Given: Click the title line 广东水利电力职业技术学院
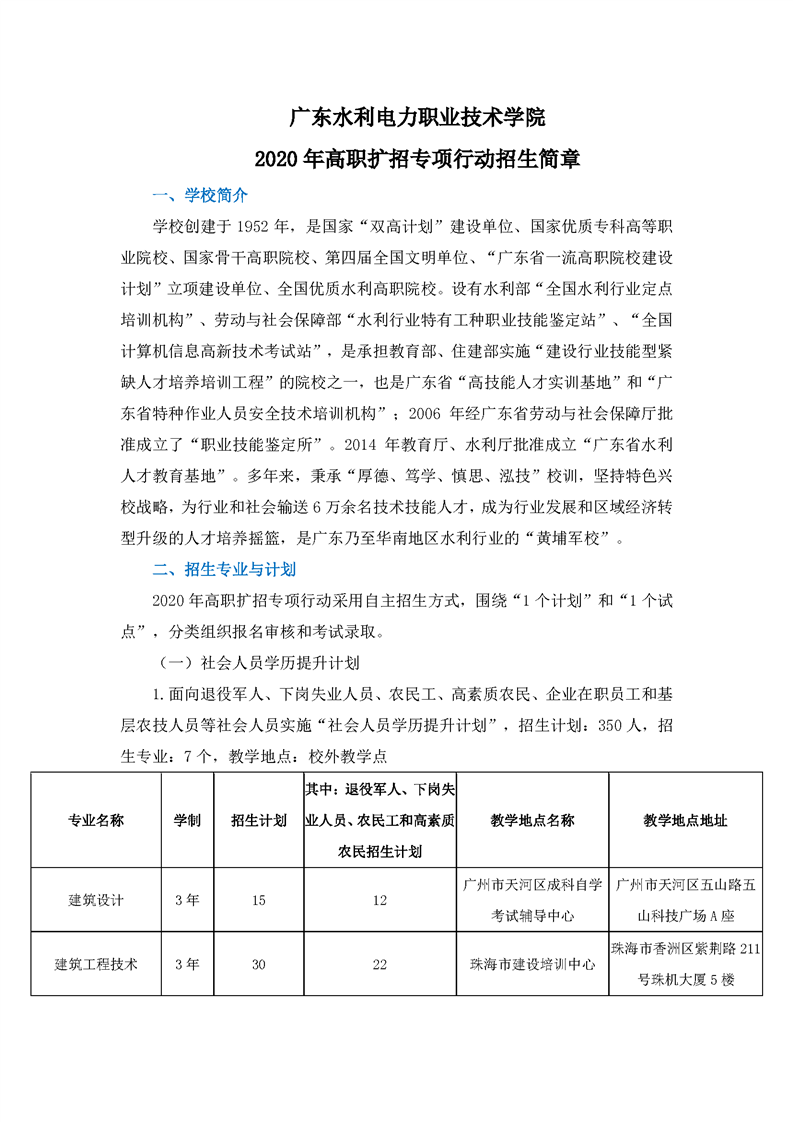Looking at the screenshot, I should coord(417,117).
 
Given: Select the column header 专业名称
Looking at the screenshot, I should coord(96,821).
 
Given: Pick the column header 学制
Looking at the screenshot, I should coord(187,821).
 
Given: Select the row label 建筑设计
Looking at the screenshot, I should coord(96,900).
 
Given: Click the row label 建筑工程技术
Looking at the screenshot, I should coord(96,965).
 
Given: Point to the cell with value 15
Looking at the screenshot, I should coord(258,900).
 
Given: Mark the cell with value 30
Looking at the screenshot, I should coord(258,965).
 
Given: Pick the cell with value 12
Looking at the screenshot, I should coord(379,900).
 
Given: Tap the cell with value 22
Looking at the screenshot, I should coord(379,965).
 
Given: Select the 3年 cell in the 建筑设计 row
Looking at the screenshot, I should coord(187,900).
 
